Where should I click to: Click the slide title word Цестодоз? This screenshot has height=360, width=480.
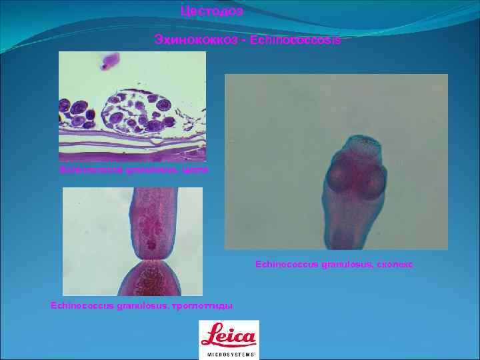click(x=212, y=11)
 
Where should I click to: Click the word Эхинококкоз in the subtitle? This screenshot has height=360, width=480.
click(x=185, y=41)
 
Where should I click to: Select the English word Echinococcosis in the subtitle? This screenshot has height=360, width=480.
click(x=303, y=41)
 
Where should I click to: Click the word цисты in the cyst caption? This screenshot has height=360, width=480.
click(x=198, y=171)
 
